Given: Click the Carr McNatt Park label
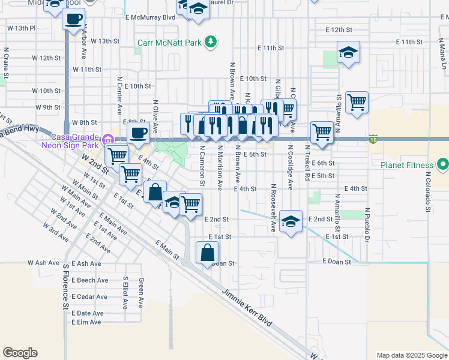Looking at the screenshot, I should tap(170, 42).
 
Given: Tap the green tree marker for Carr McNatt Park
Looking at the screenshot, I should tap(210, 41).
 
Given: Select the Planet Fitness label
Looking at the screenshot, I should tap(408, 165).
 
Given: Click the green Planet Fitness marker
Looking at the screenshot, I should tap(443, 164).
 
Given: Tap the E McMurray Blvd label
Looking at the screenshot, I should tap(151, 17).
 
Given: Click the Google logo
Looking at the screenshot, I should tap(20, 353).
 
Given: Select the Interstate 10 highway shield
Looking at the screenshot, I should tap(373, 139).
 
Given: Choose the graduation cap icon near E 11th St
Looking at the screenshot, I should tap(348, 52).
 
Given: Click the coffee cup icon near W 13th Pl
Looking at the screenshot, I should tap(73, 18).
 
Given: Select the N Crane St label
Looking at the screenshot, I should tap(7, 62).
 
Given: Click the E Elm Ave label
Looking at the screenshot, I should tap(86, 322).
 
